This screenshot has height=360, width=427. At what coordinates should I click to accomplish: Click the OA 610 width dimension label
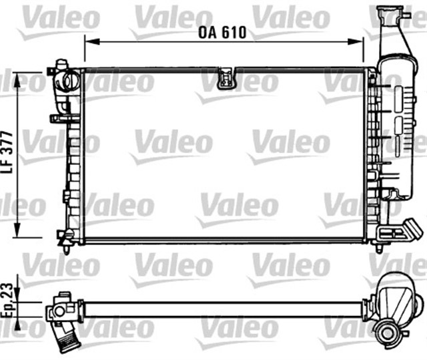[224, 31]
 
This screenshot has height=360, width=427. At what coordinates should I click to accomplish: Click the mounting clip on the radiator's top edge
[228, 78]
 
